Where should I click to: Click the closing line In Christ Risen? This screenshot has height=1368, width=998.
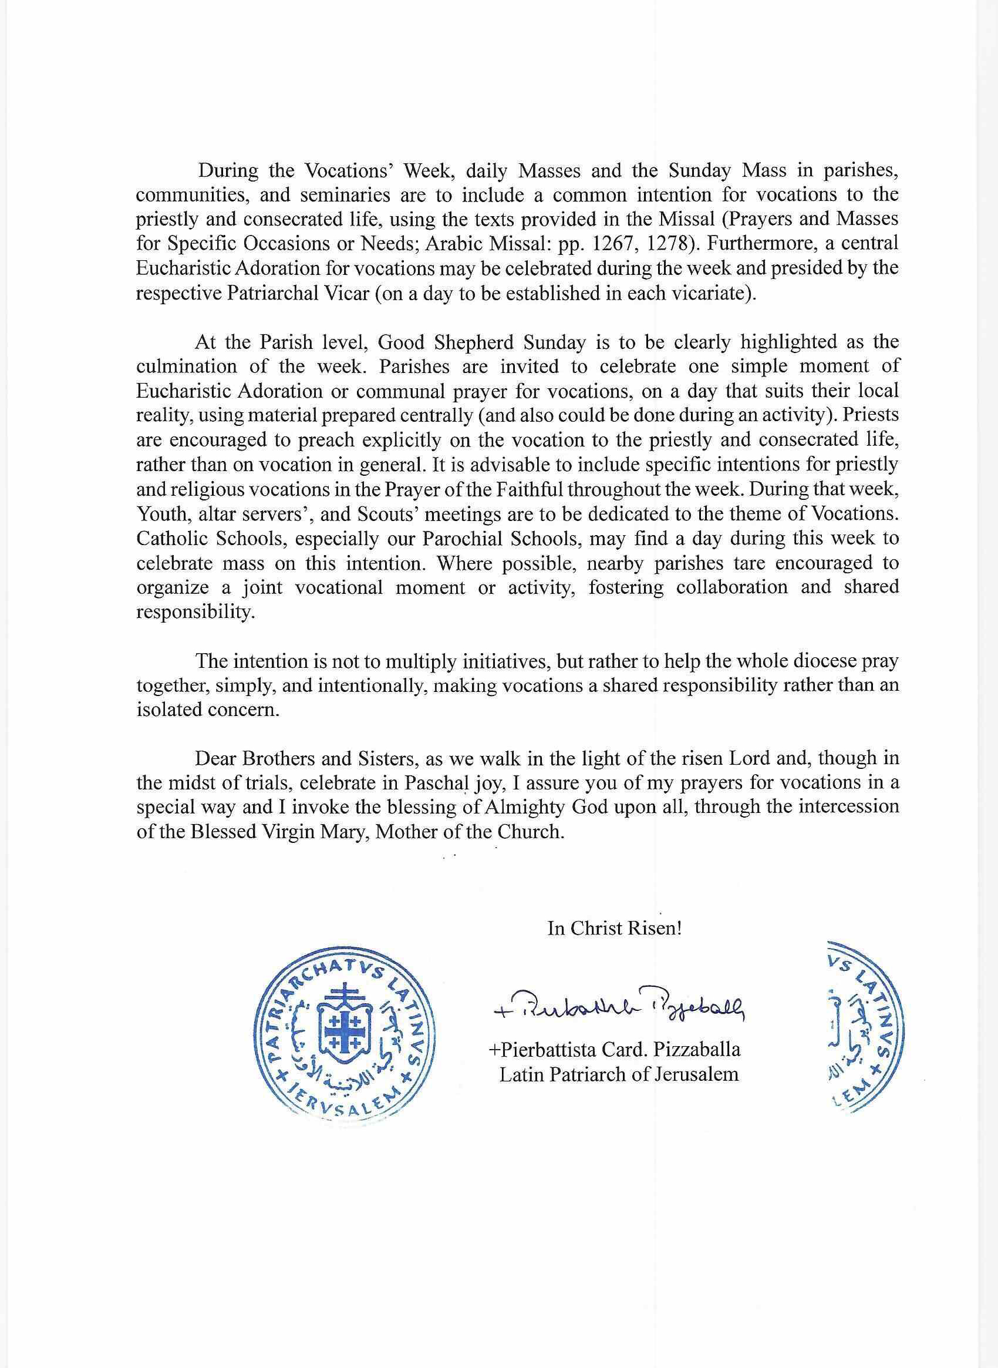coord(615,929)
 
